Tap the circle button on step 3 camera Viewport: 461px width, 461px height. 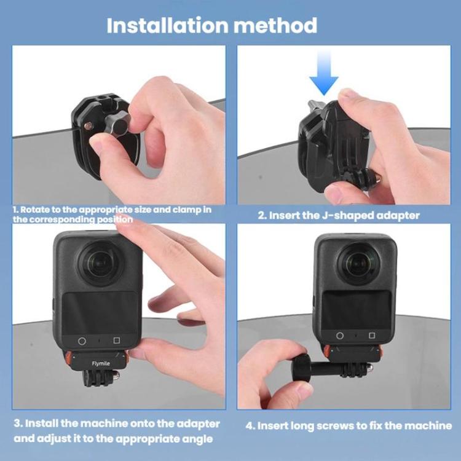(x=82, y=341)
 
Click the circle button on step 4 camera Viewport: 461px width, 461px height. (x=340, y=336)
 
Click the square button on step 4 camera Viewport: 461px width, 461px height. (x=372, y=336)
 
